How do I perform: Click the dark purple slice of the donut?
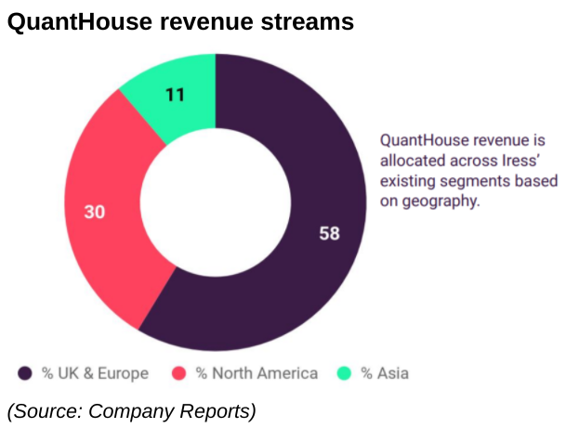point(307,279)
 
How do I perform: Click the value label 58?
point(329,233)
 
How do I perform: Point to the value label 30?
point(94,212)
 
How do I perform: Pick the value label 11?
point(175,94)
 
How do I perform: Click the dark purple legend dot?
point(26,373)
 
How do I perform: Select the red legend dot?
point(180,373)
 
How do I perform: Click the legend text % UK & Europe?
point(95,373)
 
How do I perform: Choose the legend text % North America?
point(257,373)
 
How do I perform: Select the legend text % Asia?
point(385,373)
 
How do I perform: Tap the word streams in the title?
point(306,22)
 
